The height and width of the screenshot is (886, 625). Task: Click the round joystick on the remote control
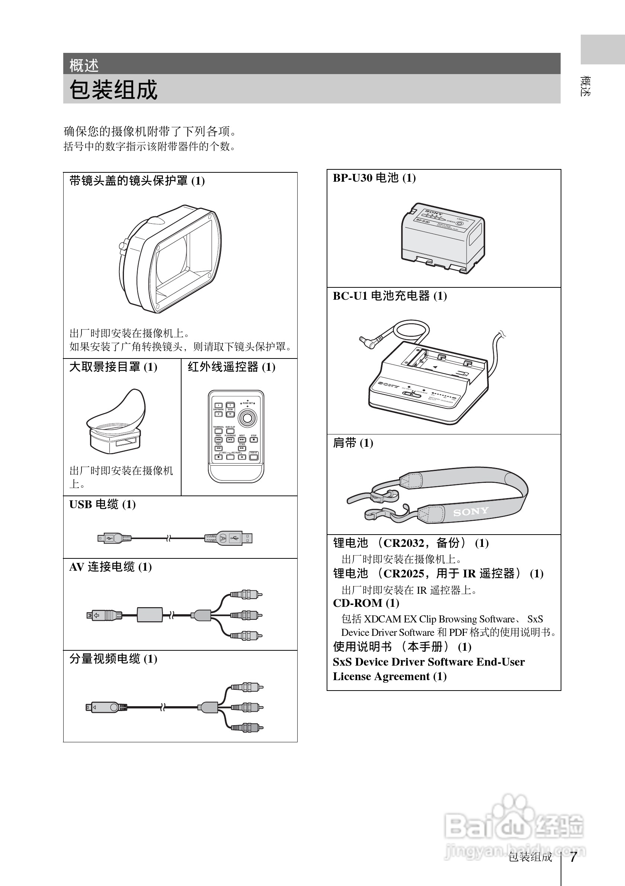(247, 418)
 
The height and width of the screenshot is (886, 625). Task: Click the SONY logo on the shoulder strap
(470, 512)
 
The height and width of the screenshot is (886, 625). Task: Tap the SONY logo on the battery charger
(388, 385)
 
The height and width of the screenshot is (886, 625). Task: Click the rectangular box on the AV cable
(150, 614)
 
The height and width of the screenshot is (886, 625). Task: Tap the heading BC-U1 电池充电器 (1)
(390, 296)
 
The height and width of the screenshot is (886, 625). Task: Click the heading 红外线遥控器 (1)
(231, 367)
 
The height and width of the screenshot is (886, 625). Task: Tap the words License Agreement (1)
(390, 676)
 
